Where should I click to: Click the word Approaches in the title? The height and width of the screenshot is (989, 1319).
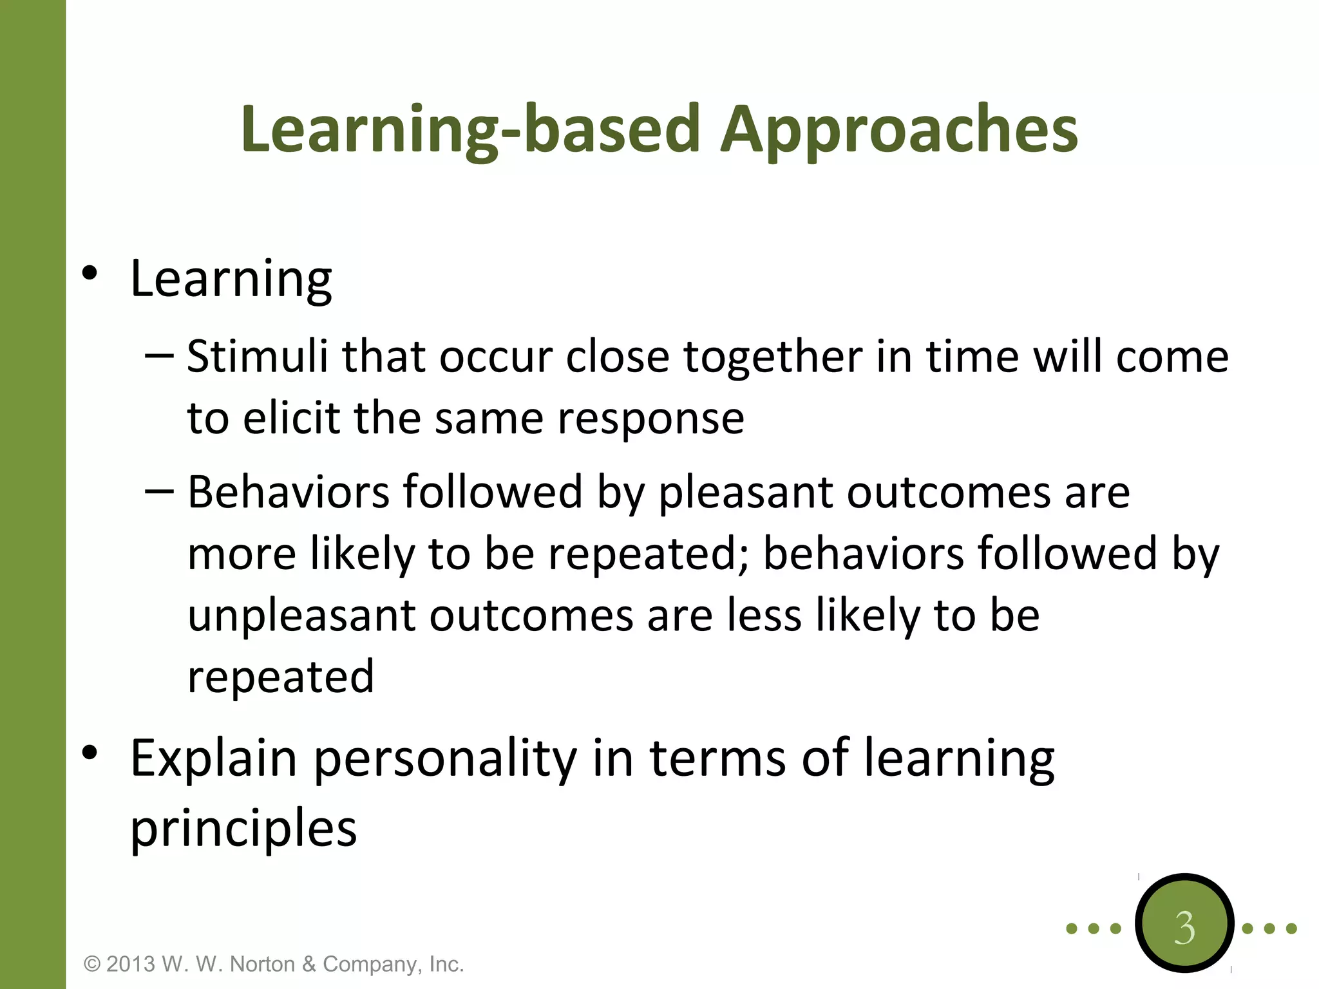[x=898, y=131]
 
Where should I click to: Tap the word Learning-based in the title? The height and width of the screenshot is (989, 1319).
[x=470, y=131]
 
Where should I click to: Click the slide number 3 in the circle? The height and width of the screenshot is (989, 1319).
[x=1184, y=928]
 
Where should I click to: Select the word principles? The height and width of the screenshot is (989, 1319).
[x=243, y=829]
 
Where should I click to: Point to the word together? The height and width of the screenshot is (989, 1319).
[x=772, y=357]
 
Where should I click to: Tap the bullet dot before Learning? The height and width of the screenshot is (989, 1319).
[x=90, y=274]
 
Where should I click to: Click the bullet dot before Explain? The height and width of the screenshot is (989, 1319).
[x=90, y=752]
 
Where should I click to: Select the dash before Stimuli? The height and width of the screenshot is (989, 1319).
[x=159, y=355]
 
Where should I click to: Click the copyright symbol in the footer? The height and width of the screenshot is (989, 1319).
[x=93, y=964]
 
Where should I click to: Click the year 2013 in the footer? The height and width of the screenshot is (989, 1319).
[x=131, y=964]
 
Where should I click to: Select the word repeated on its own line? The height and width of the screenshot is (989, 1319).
[x=281, y=677]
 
